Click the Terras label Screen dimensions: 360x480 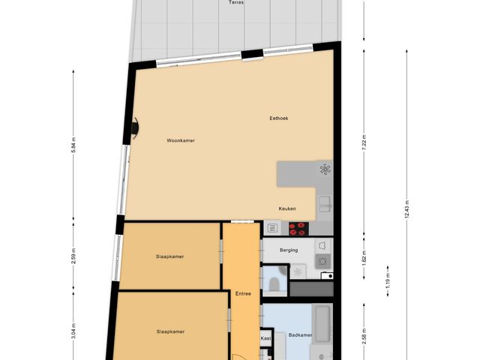coord(235,2)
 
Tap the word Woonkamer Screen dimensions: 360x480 coord(181,140)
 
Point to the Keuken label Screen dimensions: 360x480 coord(287,209)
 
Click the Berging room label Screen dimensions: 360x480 coord(289,250)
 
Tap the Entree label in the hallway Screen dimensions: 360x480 coord(242,293)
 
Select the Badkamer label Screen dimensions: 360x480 coord(289,337)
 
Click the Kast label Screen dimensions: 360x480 coord(265,338)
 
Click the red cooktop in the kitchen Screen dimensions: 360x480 coord(298,227)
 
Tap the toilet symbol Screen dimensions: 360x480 coord(275,282)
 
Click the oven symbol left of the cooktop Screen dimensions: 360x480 coord(272,227)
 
